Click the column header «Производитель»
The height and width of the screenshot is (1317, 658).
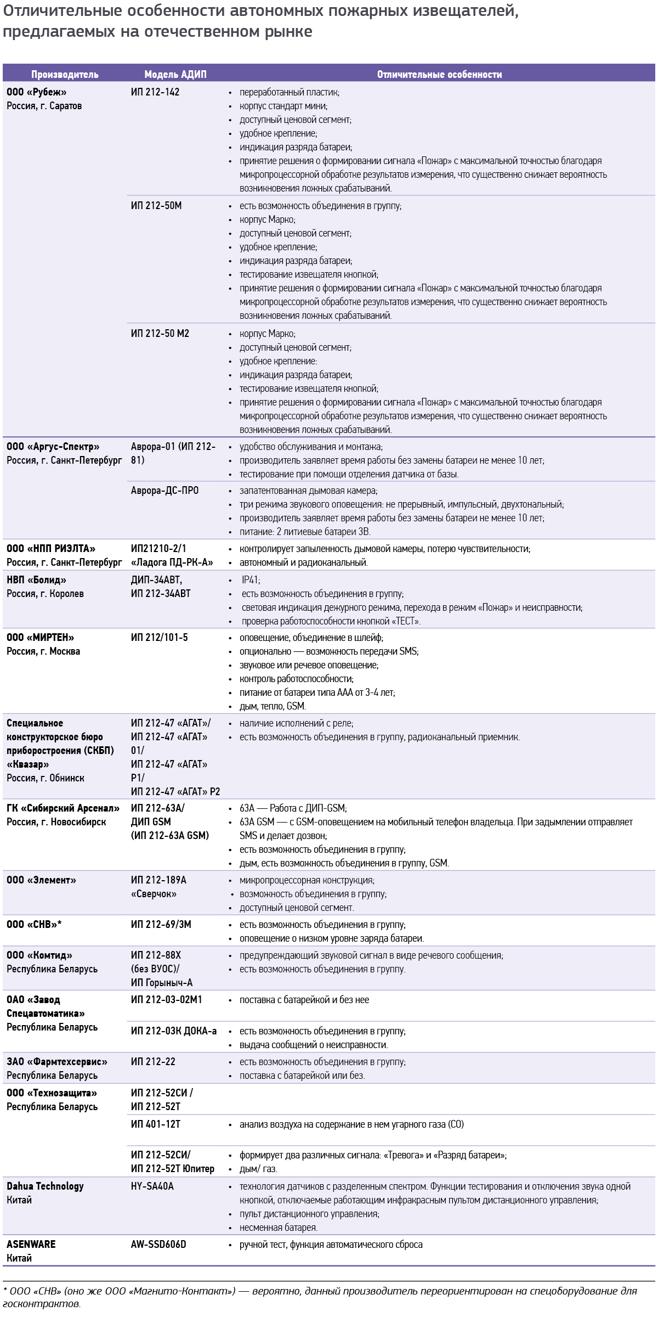pos(65,75)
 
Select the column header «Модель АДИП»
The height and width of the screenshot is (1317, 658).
pos(175,75)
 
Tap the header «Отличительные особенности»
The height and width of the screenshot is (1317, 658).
pos(439,75)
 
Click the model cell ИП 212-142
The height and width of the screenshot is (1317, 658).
pos(155,92)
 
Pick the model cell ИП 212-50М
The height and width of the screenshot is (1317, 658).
pos(156,206)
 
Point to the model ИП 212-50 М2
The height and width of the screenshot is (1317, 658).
pos(160,334)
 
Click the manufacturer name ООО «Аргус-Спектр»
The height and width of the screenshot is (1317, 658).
pos(53,447)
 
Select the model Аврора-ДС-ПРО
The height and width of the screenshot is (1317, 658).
pos(164,491)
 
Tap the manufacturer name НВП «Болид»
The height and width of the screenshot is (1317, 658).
pos(36,580)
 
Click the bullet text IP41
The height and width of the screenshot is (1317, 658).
pos(251,580)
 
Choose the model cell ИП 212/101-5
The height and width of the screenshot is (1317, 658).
pos(159,638)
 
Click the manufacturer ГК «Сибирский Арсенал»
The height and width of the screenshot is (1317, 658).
pos(63,808)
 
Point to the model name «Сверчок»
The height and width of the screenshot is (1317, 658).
pos(154,894)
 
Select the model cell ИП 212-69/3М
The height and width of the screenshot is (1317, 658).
pos(161,925)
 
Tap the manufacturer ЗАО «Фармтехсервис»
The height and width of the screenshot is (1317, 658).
pos(57,1062)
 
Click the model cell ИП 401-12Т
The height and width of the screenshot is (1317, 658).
pos(156,1124)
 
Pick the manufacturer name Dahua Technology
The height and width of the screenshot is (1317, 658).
pos(45,1186)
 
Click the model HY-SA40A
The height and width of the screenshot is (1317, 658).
pos(152,1186)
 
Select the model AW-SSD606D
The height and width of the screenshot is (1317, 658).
pos(158,1245)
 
